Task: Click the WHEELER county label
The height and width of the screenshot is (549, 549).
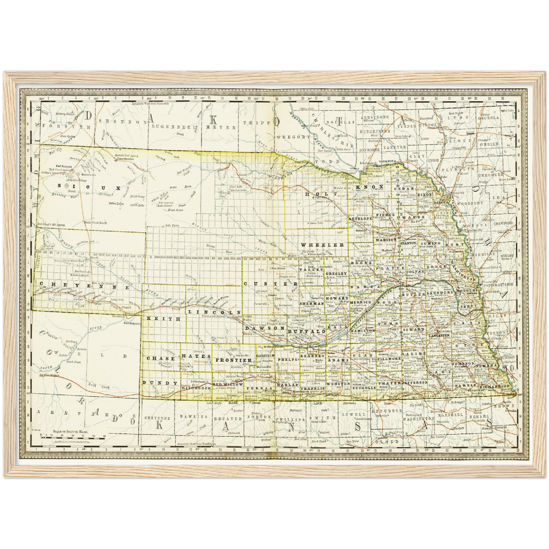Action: (323, 245)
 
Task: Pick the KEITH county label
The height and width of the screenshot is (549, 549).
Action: (163, 319)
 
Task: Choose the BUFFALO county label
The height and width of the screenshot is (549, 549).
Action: (307, 332)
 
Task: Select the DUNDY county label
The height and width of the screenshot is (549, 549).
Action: (160, 383)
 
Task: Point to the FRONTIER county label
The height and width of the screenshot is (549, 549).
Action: (233, 360)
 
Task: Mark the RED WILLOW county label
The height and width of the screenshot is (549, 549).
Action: (228, 384)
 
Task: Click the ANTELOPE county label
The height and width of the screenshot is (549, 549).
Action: (360, 218)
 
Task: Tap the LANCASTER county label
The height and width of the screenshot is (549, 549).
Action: (439, 335)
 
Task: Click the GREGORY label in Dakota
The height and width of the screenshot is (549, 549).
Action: (294, 137)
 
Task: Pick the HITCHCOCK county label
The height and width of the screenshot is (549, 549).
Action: (196, 388)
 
